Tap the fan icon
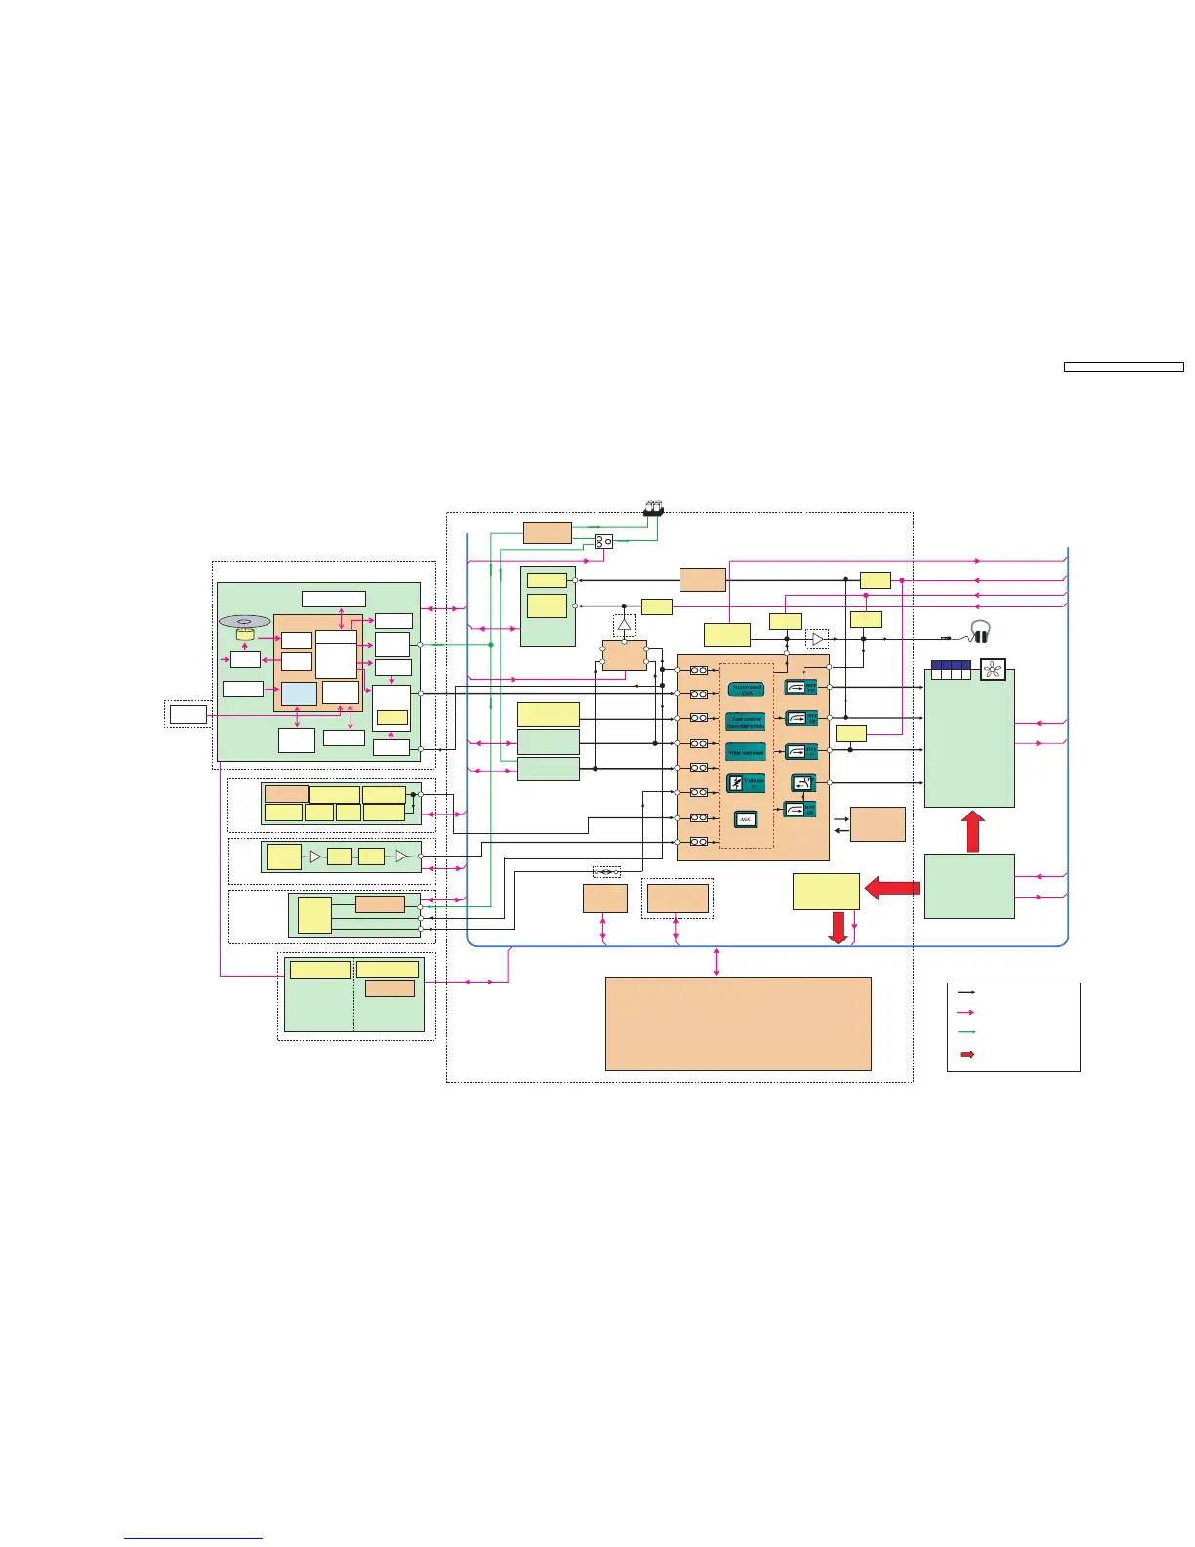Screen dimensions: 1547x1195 (993, 670)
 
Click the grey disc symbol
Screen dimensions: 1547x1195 (244, 621)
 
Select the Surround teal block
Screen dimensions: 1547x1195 (746, 690)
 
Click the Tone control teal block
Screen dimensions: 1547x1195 (746, 722)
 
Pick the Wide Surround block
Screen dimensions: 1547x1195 (746, 753)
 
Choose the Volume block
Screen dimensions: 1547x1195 (746, 783)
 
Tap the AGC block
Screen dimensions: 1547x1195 (746, 819)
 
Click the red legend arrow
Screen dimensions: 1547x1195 (967, 1055)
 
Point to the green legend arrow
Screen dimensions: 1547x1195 (967, 1032)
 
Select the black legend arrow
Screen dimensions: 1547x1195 (967, 991)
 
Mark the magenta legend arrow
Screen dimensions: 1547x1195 (967, 1012)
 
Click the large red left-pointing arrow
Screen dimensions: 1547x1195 (892, 888)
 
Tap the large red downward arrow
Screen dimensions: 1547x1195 (838, 927)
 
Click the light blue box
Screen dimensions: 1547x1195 (299, 693)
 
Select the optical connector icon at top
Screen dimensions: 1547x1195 (653, 508)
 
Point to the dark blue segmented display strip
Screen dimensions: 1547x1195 (950, 669)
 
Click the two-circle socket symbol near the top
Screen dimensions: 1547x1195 (603, 541)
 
